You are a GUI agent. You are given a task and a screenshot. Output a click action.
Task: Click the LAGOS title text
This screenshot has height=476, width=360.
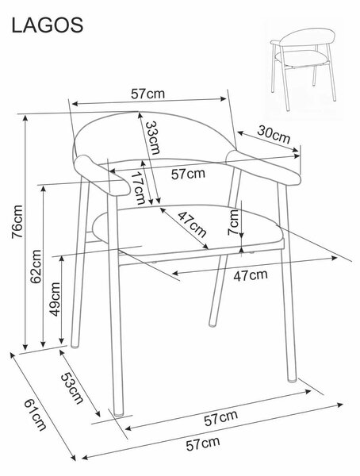coord(47,25)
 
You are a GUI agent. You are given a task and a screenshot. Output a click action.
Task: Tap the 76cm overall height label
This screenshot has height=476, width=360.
coord(17,221)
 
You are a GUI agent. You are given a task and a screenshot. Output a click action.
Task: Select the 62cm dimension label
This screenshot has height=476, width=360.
coord(36,267)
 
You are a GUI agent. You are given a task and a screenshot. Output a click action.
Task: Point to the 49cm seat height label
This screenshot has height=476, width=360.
coord(55,299)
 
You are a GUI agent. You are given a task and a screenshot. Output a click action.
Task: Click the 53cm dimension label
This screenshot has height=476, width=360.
coord(72,388)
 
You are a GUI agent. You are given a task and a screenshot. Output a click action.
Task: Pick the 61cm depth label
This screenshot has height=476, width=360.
coord(36,414)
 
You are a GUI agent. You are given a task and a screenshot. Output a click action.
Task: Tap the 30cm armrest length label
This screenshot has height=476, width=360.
coord(274,134)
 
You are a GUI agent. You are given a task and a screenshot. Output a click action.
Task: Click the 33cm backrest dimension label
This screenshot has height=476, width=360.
coord(152,138)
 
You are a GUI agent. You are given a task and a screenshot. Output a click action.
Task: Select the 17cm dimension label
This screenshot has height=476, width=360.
coord(139,188)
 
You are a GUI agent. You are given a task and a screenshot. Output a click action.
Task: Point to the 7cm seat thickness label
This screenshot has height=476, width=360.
coord(233,222)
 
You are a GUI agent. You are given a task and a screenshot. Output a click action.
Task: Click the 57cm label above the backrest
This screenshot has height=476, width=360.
coord(147,94)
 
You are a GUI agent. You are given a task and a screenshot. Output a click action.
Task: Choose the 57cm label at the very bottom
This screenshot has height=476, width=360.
coord(203,444)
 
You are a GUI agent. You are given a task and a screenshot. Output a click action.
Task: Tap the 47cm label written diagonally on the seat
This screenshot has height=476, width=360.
coord(192,225)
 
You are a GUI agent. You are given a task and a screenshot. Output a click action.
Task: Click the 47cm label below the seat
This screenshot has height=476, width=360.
coord(251,275)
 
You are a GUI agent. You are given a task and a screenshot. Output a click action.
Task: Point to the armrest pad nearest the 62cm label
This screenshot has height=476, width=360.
coord(102,175)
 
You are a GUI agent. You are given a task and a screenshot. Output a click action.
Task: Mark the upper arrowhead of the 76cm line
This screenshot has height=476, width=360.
coord(25,117)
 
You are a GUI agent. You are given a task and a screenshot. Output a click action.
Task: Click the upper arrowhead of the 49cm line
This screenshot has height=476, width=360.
coord(62,259)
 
